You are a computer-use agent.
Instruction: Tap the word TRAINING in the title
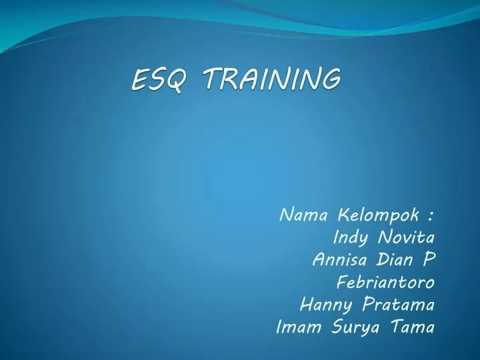(271, 79)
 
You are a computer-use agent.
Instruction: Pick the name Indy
(349, 239)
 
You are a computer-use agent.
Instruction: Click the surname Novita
(406, 238)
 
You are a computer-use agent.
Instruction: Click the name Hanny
(327, 305)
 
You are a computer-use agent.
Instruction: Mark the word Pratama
(400, 305)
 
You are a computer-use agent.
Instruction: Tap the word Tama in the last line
(413, 327)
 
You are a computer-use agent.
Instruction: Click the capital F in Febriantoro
(342, 283)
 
